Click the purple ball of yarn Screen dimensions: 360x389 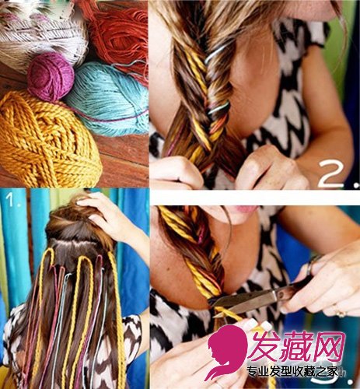(51, 76)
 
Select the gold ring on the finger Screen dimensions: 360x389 (341, 313)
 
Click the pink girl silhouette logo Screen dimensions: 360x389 (226, 356)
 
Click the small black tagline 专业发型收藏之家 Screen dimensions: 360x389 (294, 372)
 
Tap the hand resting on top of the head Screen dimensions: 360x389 (109, 216)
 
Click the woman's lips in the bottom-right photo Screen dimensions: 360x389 (245, 209)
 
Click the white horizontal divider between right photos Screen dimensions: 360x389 (255, 198)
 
